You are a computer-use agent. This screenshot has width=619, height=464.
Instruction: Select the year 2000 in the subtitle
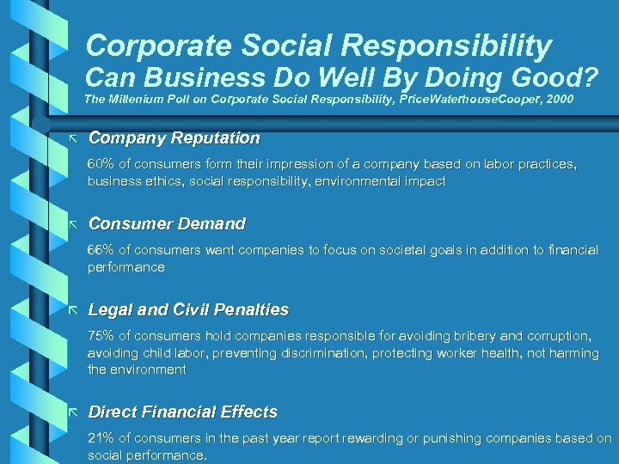(557, 100)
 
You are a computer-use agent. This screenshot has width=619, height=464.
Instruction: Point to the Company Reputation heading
(174, 137)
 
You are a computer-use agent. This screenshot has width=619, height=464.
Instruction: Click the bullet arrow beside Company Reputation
(73, 137)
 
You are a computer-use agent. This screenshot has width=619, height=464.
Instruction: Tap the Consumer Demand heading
(167, 223)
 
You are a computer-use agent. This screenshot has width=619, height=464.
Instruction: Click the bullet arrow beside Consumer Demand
(73, 223)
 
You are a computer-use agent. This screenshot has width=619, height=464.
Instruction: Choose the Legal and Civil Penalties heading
(188, 309)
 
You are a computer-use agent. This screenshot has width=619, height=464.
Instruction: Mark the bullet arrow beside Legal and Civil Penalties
(73, 309)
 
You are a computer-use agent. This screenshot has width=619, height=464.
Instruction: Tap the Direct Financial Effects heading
(183, 412)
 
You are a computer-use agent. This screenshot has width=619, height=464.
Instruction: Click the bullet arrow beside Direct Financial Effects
(73, 412)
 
